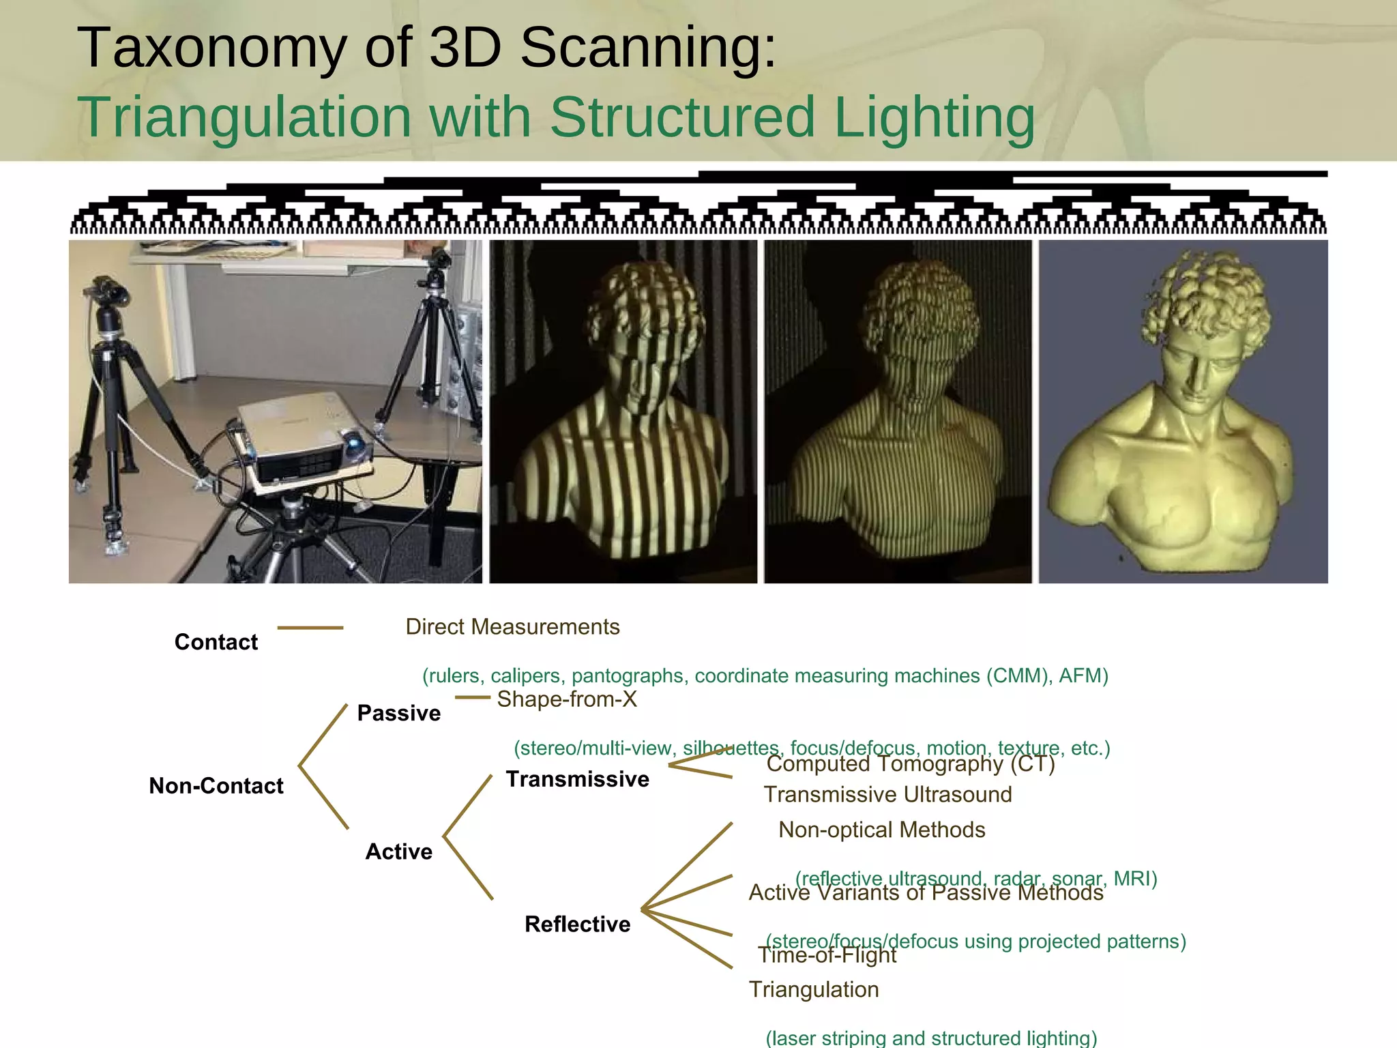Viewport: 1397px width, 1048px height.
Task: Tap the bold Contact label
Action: pos(216,642)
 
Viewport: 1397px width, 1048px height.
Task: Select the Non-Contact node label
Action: pos(216,786)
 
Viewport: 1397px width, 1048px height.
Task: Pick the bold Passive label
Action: pos(398,713)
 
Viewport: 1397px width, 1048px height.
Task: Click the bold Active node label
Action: pos(398,851)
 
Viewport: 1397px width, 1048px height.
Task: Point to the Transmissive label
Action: pos(577,779)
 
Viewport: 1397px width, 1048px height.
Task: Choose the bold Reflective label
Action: pos(577,924)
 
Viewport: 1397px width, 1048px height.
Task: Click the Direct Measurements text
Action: pos(512,626)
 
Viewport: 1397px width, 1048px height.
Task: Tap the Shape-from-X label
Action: pos(566,699)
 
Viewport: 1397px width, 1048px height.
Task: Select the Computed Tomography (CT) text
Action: pos(910,764)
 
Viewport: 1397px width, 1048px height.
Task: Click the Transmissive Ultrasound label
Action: pos(887,794)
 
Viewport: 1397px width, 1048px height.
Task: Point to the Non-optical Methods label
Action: pos(881,830)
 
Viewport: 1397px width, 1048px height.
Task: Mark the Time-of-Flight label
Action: pos(827,955)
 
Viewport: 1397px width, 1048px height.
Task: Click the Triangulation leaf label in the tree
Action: pos(813,989)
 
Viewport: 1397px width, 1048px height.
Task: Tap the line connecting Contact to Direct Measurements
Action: pos(310,628)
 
